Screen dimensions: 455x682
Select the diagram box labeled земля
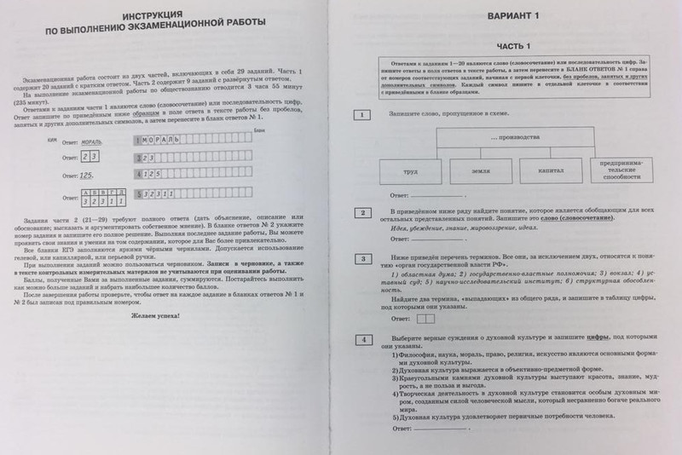479,171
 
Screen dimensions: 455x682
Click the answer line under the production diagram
460,197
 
